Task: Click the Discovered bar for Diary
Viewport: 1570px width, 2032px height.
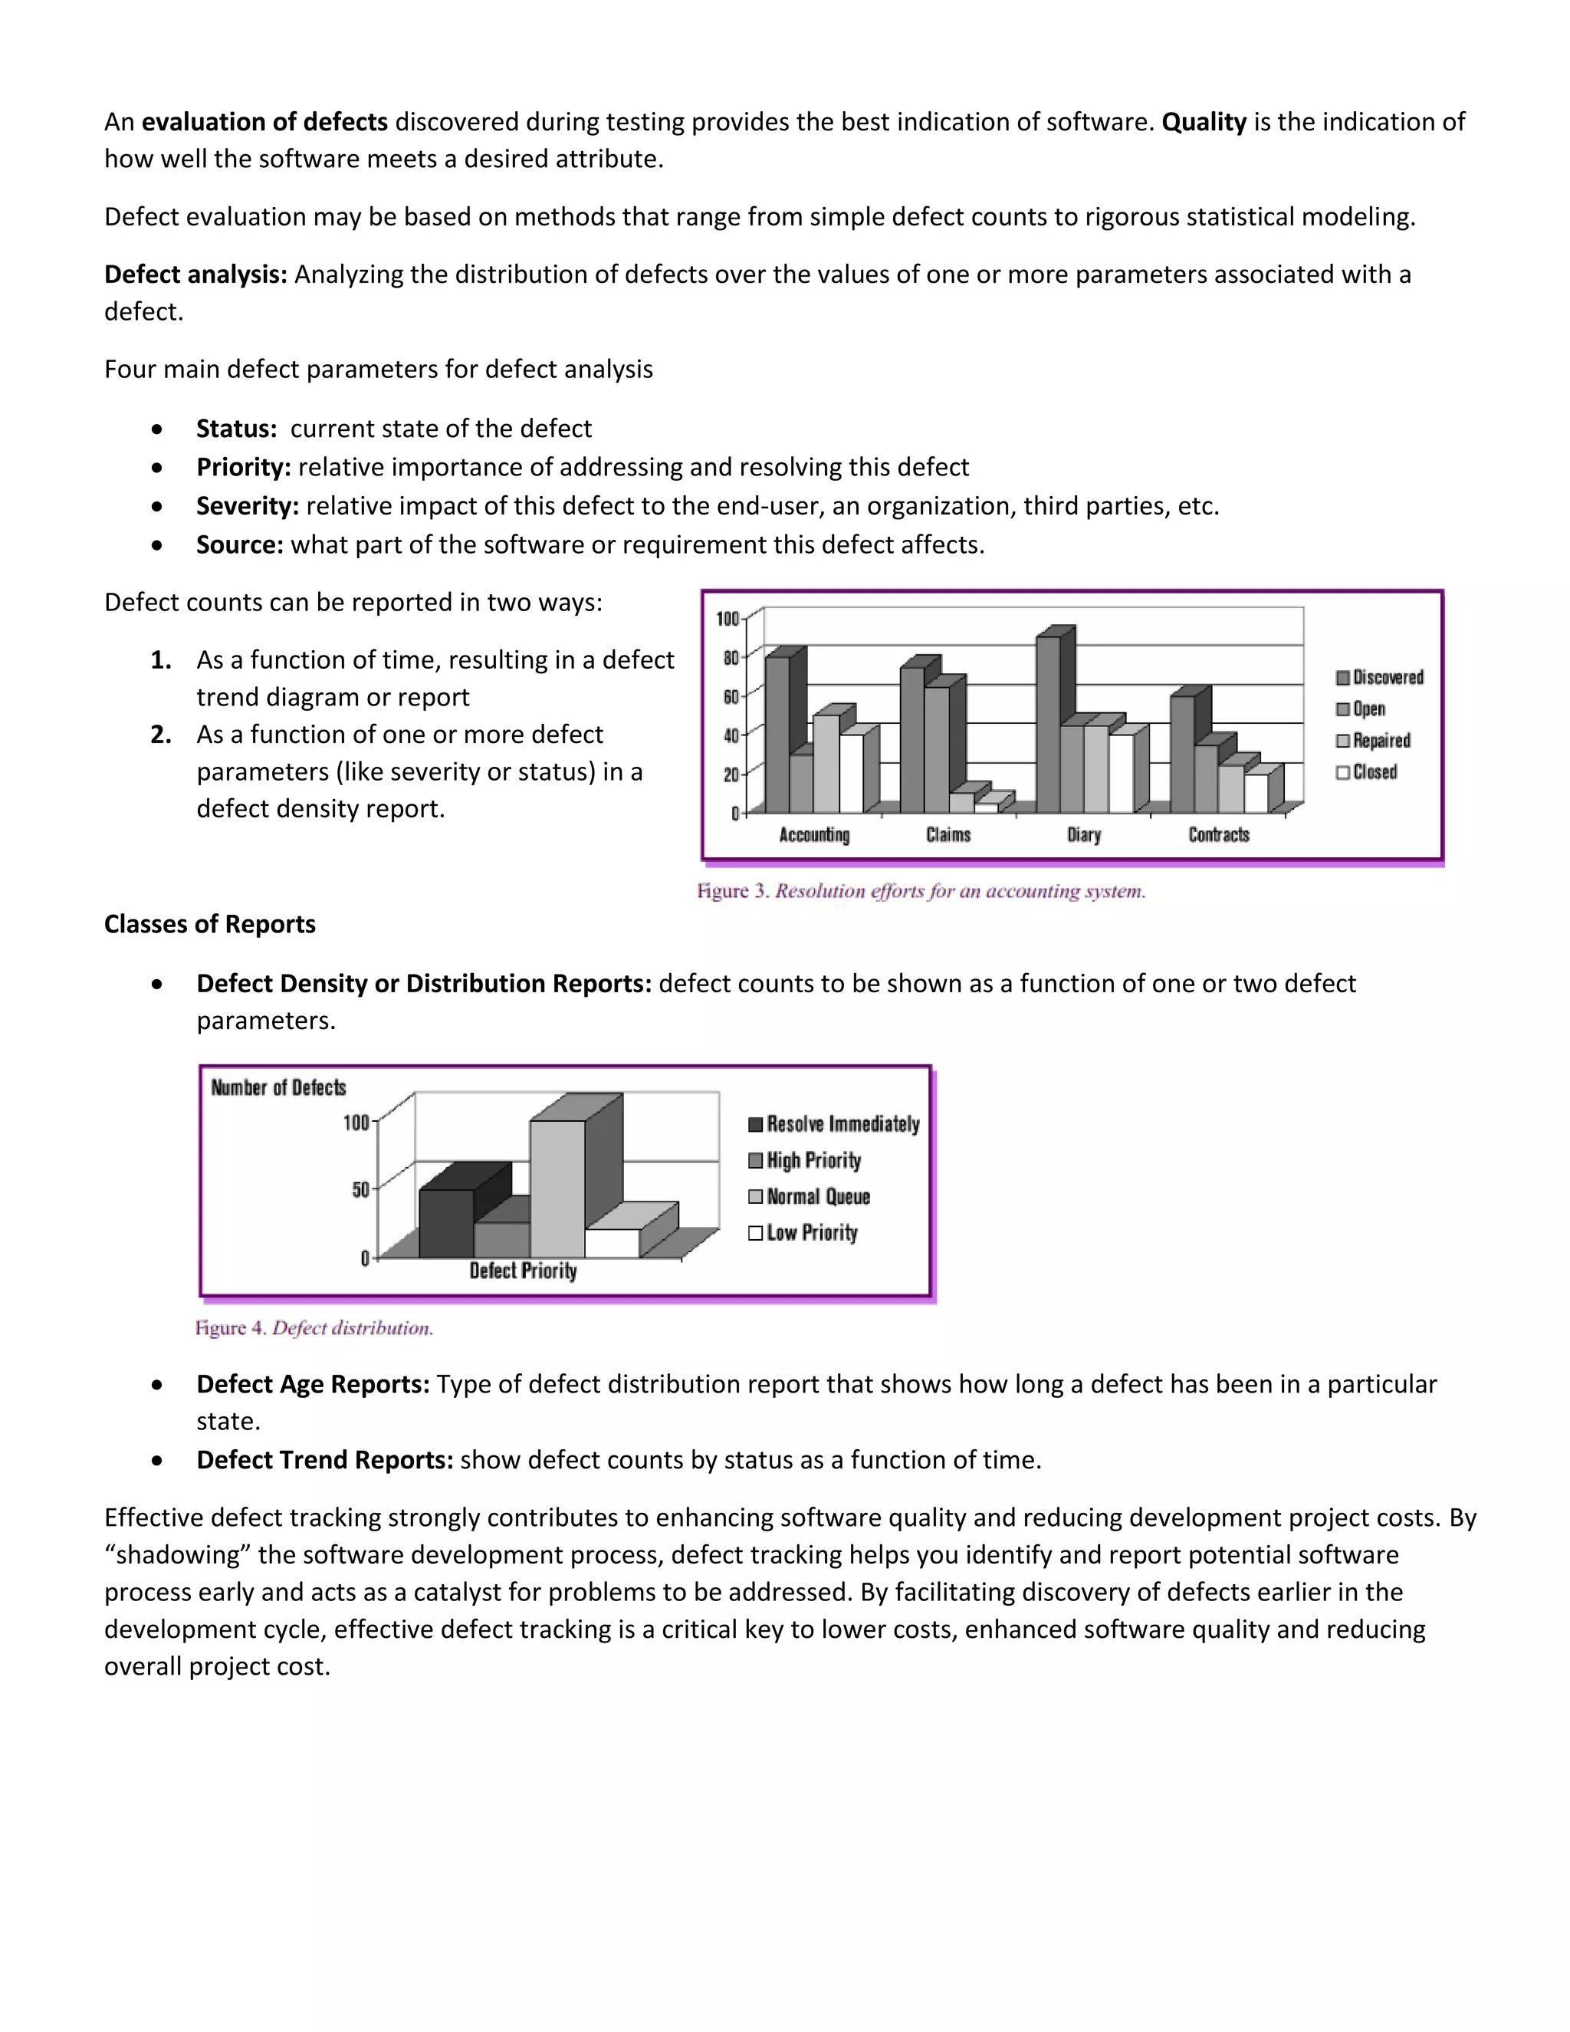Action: coord(1048,725)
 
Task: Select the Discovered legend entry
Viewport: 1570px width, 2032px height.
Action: coord(1379,677)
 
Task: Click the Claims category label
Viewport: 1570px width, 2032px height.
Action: coord(948,834)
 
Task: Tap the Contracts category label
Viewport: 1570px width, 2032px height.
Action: coord(1218,834)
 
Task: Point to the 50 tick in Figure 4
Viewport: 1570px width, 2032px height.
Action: coord(360,1190)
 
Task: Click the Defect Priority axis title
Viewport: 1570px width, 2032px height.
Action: coord(523,1271)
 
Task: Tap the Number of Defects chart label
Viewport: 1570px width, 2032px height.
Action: coord(278,1087)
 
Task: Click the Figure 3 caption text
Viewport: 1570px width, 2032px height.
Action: coord(921,891)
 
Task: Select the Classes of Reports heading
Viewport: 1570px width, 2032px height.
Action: coord(209,924)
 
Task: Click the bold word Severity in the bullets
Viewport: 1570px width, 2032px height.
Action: coord(247,506)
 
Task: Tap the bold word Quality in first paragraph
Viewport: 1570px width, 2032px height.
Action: coord(1204,122)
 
